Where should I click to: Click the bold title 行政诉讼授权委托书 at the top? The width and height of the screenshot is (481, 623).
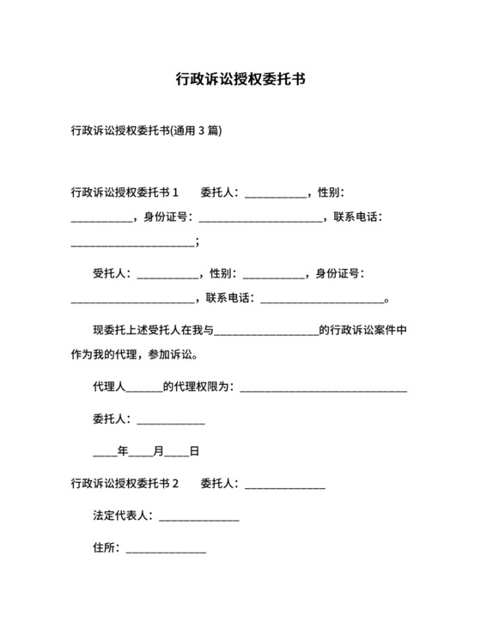click(x=240, y=80)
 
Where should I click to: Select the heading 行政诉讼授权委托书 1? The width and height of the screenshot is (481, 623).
click(x=125, y=192)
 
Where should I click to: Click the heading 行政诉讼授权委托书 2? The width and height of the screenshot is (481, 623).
click(x=125, y=484)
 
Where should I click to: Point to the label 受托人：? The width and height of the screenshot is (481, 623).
click(x=112, y=274)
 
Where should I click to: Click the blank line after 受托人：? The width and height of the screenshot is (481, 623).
click(x=167, y=276)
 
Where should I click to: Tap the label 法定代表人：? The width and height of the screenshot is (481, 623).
click(x=123, y=516)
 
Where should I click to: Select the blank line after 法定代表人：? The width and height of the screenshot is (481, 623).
click(x=198, y=518)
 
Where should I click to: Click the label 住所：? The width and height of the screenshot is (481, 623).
click(x=107, y=547)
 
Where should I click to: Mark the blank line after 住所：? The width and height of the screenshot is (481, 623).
click(x=166, y=550)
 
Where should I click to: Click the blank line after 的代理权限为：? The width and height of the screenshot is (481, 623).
click(x=324, y=389)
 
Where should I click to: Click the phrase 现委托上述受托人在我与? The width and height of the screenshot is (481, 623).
click(x=153, y=330)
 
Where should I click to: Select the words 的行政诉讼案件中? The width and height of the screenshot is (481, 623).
click(x=362, y=330)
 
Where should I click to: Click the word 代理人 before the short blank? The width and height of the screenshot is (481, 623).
click(x=109, y=387)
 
